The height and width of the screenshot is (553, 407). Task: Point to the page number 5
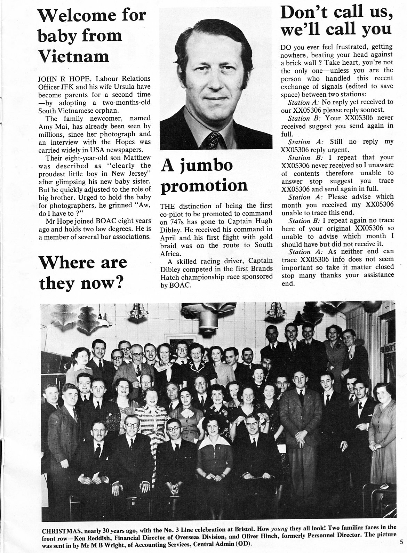coord(401,541)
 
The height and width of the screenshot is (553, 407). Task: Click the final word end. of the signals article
coord(288,283)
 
